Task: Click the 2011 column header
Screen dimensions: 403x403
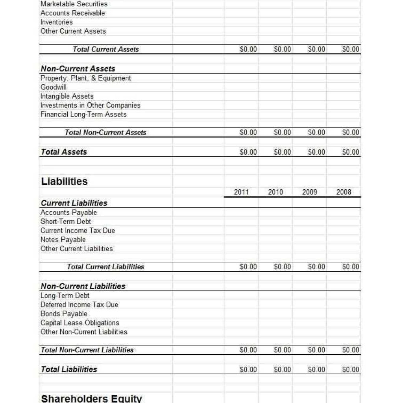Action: point(241,192)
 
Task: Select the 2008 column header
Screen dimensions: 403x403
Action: point(344,192)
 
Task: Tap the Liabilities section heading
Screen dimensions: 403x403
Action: point(64,181)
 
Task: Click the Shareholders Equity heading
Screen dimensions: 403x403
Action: point(91,398)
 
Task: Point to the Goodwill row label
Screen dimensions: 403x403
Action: point(54,87)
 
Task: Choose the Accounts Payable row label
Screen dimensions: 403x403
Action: point(68,213)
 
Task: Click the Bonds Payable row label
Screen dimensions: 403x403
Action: point(64,314)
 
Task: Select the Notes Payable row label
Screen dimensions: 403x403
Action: point(63,240)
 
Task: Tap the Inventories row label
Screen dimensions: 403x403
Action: point(57,22)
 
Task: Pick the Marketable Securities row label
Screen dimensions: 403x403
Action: point(74,4)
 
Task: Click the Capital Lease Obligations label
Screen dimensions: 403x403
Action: point(80,323)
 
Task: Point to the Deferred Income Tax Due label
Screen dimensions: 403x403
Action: point(79,305)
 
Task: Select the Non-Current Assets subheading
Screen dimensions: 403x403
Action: point(78,69)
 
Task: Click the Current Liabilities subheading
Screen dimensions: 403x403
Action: point(74,203)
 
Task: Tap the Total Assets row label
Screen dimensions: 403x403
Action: point(64,152)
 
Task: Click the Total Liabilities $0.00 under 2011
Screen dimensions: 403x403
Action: point(248,370)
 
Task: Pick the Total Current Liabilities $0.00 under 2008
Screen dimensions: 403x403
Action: point(351,267)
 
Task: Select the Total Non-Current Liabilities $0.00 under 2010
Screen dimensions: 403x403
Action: point(282,350)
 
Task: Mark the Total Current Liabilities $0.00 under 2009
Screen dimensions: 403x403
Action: point(316,267)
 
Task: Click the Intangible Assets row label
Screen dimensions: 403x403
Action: point(67,96)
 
